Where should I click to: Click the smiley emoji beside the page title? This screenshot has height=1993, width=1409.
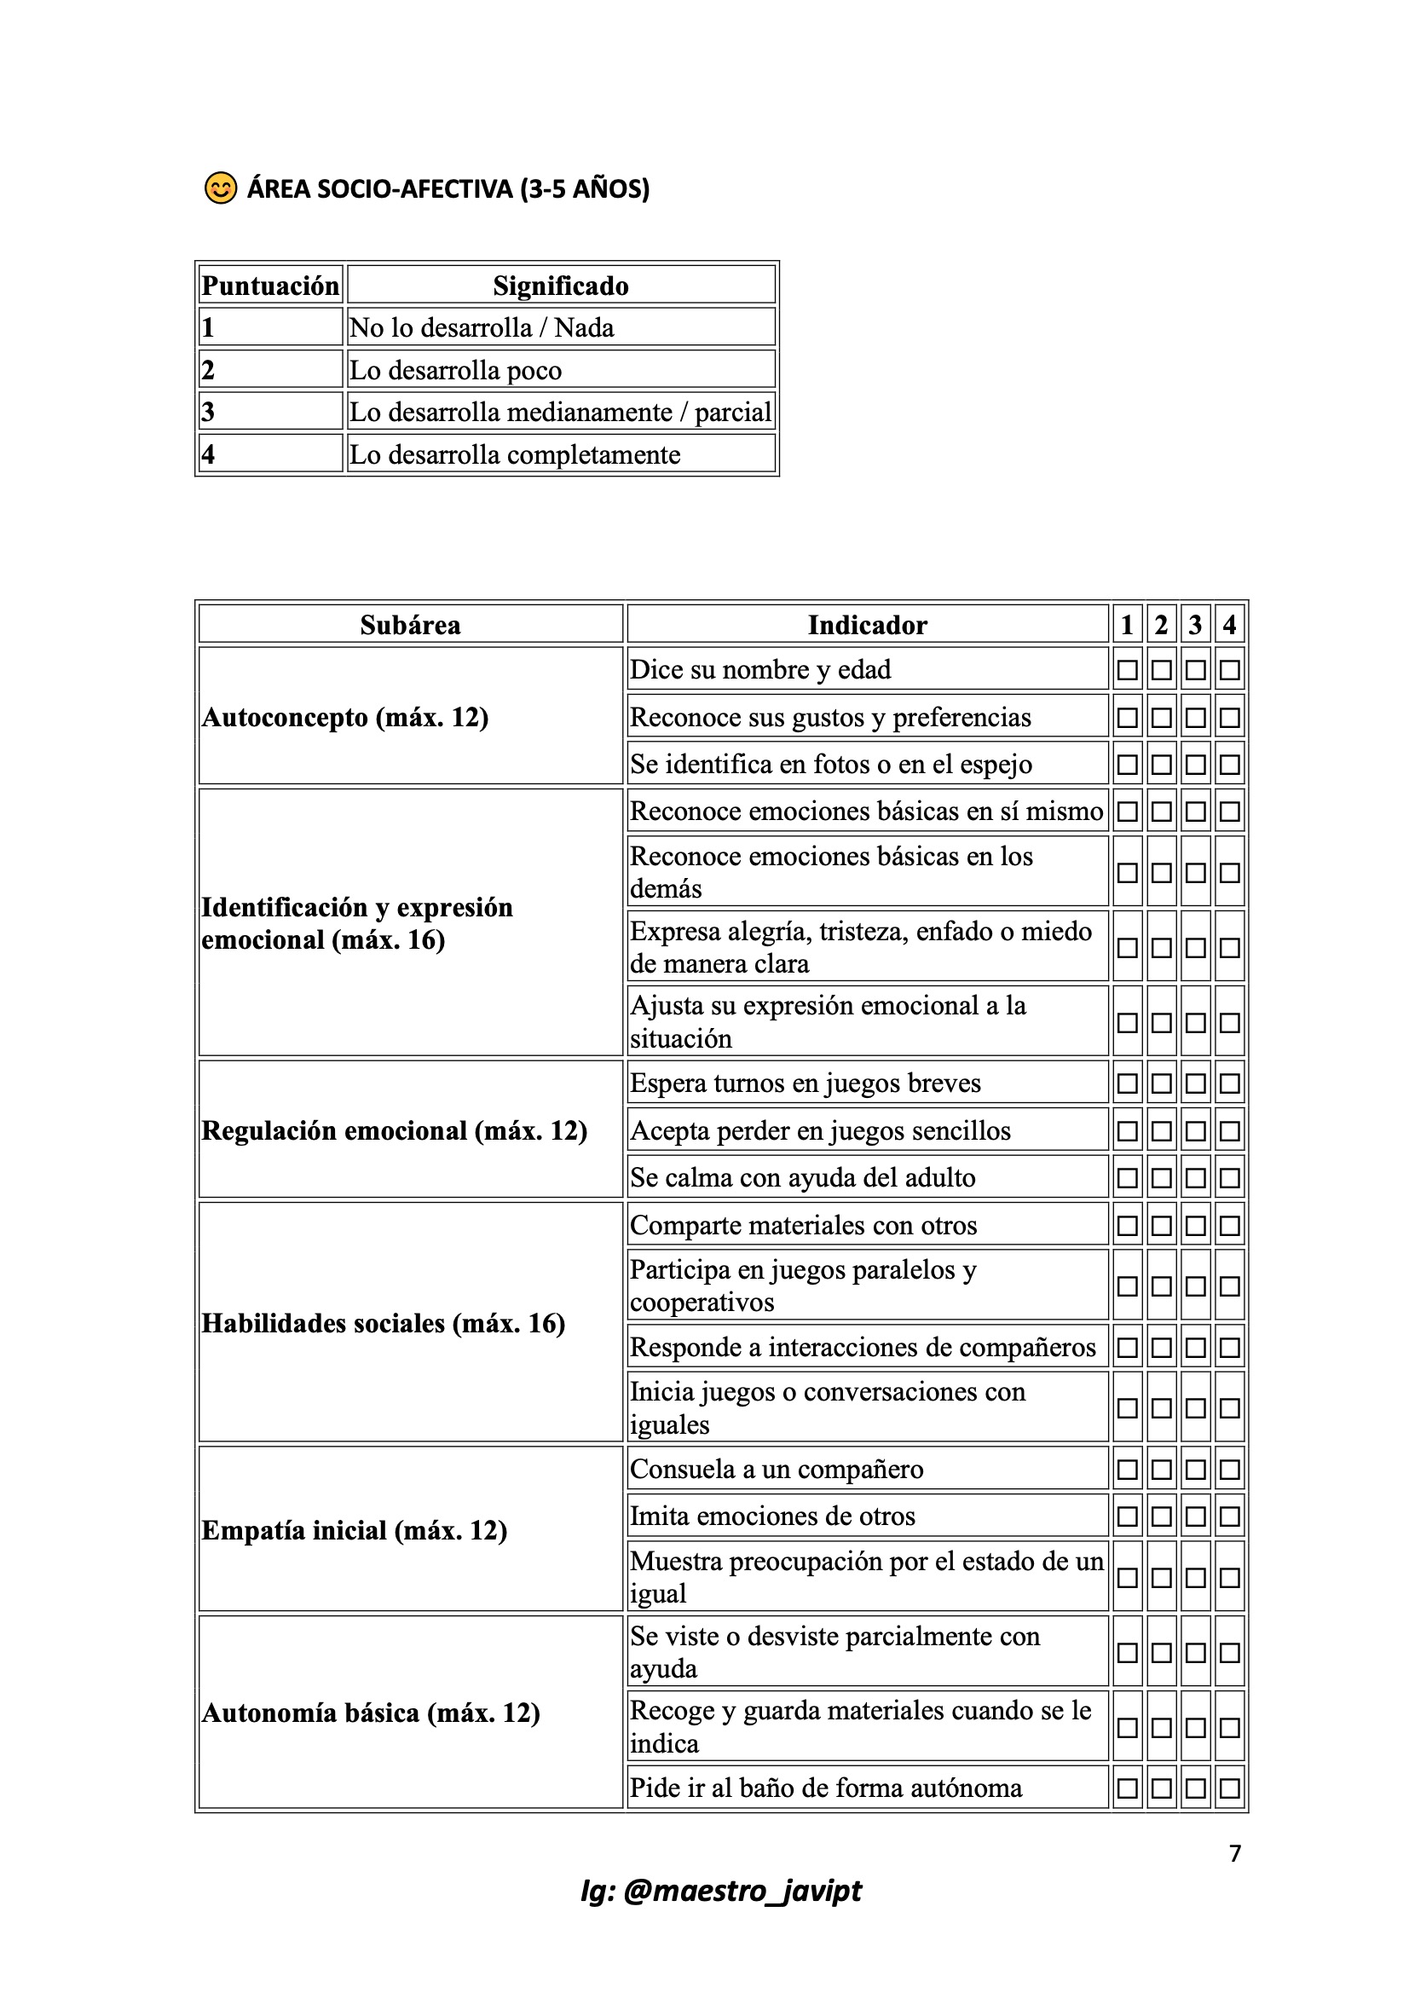point(220,188)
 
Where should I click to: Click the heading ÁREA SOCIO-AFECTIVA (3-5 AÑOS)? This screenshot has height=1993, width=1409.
point(448,188)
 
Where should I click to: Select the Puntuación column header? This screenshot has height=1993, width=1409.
point(270,286)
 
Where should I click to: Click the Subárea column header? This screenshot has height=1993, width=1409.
point(410,624)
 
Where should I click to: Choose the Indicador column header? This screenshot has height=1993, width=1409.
point(866,624)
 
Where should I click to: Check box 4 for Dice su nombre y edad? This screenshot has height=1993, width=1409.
point(1229,670)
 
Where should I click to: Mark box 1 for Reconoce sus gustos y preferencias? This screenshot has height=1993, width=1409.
point(1127,718)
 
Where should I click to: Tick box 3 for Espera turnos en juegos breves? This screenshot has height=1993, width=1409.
point(1195,1083)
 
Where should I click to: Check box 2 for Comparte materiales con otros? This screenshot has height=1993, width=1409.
point(1162,1226)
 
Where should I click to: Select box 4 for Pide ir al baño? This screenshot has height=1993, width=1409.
point(1229,1788)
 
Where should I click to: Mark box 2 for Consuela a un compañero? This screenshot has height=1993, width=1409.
point(1162,1470)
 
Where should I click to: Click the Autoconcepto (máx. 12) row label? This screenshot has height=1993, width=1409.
point(345,717)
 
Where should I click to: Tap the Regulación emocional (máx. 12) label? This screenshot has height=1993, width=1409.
point(394,1130)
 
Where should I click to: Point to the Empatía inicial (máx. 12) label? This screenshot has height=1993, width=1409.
point(355,1530)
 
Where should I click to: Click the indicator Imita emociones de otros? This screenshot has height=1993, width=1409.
point(772,1516)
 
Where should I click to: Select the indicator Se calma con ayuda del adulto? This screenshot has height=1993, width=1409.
point(802,1177)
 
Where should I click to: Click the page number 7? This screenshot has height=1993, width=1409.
point(1234,1853)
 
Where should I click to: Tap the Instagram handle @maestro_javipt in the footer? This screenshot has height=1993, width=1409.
point(720,1891)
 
